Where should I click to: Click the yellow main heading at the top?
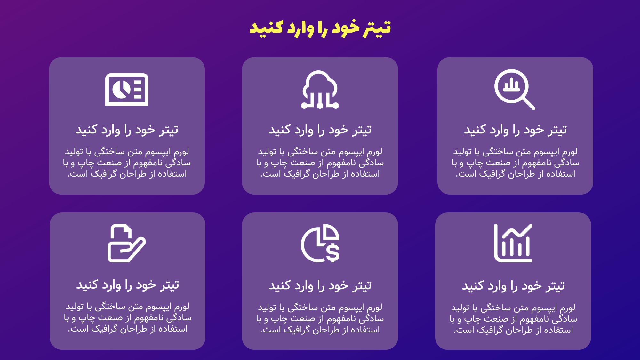coord(320,28)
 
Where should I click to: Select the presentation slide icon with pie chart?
coord(127,90)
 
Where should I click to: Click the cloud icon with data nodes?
coord(320,90)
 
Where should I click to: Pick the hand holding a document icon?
coord(126,243)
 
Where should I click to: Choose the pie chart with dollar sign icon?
coord(320,243)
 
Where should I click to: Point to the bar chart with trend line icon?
coord(513,243)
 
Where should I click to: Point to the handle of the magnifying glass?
coord(529,104)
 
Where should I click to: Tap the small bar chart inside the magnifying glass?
coord(511,85)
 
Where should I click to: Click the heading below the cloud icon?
coord(320,130)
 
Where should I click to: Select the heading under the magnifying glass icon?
coord(515,130)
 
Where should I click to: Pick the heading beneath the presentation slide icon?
coord(127,130)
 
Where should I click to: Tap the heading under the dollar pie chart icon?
coord(320,285)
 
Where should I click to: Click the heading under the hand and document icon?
coord(127,285)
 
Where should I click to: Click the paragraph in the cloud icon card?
coord(320,163)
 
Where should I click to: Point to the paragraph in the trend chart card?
coord(513,319)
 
